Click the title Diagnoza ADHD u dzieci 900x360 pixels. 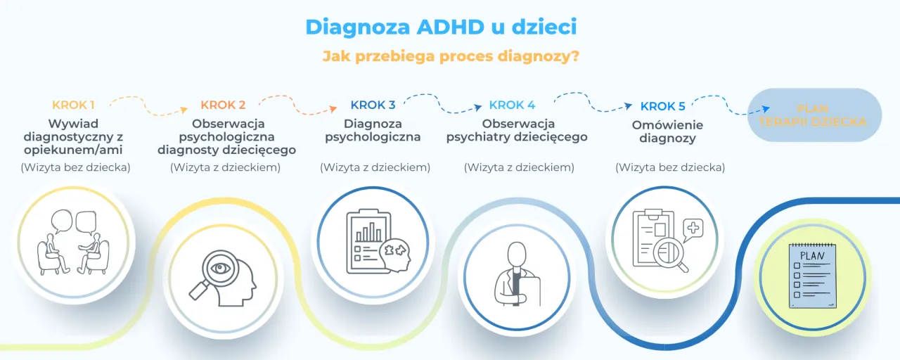click(441, 27)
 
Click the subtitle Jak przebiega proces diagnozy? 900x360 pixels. click(451, 56)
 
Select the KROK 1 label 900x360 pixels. click(73, 105)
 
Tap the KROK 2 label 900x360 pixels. click(223, 105)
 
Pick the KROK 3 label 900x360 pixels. click(373, 105)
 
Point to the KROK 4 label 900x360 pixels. click(512, 105)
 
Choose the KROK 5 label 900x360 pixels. click(662, 107)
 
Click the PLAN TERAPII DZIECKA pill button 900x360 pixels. click(813, 115)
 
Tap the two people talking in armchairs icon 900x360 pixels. click(74, 243)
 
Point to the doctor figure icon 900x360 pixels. click(517, 278)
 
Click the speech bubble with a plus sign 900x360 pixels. click(693, 229)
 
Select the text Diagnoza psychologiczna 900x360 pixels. click(373, 131)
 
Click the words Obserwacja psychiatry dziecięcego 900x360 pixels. click(517, 131)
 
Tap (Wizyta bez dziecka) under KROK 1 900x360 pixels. click(75, 167)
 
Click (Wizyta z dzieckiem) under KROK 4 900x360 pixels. click(519, 167)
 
